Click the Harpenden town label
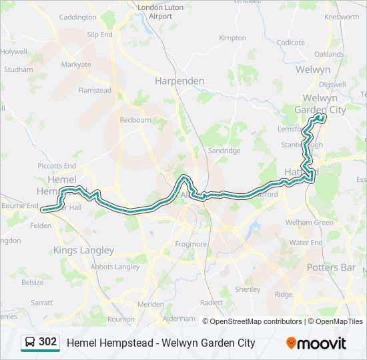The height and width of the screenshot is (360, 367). tap(179, 80)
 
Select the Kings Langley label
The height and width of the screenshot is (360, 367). tap(83, 250)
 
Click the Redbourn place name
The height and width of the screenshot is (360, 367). tap(135, 120)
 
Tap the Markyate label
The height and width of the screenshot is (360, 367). tap(76, 65)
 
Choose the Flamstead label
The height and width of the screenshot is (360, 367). tap(95, 90)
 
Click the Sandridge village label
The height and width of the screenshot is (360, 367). tap(225, 151)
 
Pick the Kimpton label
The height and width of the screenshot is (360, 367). tap(232, 38)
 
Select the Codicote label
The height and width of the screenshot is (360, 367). tap(291, 42)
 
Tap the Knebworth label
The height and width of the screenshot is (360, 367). tap(341, 17)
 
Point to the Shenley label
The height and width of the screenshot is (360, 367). tap(248, 289)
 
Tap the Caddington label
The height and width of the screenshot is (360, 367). tap(77, 17)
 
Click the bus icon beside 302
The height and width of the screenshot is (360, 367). tap(30, 343)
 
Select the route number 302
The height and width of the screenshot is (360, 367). tap(47, 342)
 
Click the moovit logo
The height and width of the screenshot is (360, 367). tap(316, 343)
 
